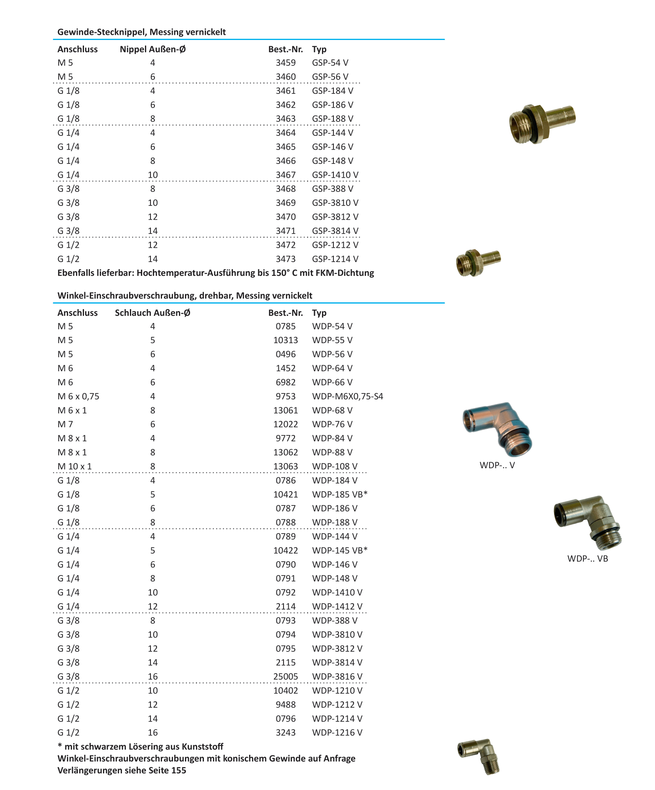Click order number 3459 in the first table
click(286, 63)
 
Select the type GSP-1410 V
click(335, 175)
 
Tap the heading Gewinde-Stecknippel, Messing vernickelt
click(141, 32)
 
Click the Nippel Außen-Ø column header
click(152, 49)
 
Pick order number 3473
click(286, 259)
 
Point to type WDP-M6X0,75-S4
click(347, 397)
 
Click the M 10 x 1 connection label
click(74, 467)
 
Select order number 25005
click(285, 677)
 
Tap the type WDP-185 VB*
click(339, 495)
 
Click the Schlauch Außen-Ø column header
click(152, 313)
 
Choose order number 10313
click(285, 340)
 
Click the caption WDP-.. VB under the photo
click(587, 559)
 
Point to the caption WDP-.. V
click(497, 465)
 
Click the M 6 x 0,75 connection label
click(78, 397)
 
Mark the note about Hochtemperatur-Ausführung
click(215, 273)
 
